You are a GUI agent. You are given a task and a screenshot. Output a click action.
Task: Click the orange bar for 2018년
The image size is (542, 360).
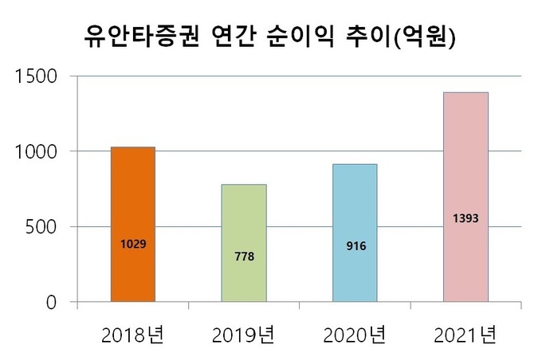coord(132,199)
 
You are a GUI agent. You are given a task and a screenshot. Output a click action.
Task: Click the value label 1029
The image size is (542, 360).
coord(133,243)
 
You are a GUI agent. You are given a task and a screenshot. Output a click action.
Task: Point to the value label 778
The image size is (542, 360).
coord(244,256)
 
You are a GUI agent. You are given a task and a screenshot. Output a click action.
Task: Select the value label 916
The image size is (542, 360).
coord(355,246)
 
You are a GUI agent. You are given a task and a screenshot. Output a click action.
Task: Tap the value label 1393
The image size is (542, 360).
coord(465,217)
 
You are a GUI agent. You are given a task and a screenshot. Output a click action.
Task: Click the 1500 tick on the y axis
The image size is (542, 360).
coord(35,76)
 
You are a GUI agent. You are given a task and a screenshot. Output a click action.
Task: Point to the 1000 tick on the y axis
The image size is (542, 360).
coord(35,151)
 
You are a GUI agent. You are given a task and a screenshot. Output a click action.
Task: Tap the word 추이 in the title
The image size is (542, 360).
coord(373,37)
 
